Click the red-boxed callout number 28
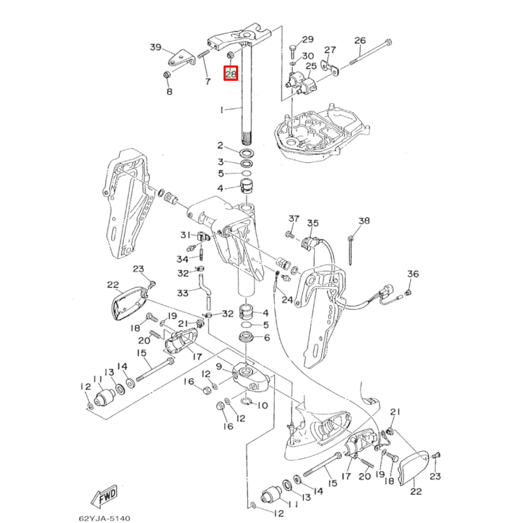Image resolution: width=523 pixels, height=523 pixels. pyautogui.click(x=231, y=73)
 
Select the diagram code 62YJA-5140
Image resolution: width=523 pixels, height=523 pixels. pyautogui.click(x=104, y=517)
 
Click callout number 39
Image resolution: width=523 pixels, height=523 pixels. pyautogui.click(x=155, y=47)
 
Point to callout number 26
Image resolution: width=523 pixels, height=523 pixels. pyautogui.click(x=360, y=40)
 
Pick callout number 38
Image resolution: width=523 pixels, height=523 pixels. pyautogui.click(x=364, y=221)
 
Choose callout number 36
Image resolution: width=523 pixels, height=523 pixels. pyautogui.click(x=412, y=274)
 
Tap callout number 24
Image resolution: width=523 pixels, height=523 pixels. pyautogui.click(x=287, y=300)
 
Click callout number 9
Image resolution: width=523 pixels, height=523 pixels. pyautogui.click(x=219, y=366)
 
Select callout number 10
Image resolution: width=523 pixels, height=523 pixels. pyautogui.click(x=263, y=405)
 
